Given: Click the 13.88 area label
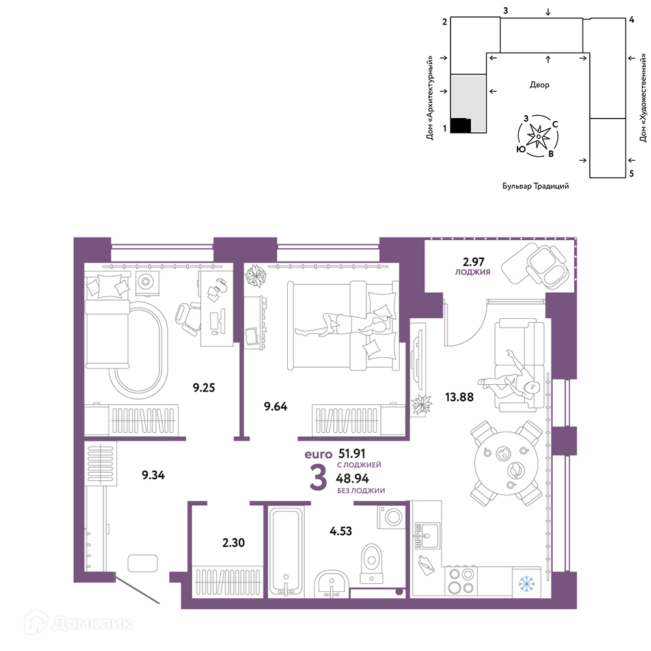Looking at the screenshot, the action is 459,397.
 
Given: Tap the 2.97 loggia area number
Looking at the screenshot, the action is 473,262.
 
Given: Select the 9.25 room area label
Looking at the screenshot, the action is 204,387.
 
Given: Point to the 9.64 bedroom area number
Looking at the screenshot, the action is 275,406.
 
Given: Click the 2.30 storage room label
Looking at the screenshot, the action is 233,542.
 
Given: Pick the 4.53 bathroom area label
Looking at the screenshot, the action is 340,531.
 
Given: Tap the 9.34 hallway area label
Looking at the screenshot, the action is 153,475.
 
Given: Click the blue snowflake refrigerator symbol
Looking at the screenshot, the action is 527,583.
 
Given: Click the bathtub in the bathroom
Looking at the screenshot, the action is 285,551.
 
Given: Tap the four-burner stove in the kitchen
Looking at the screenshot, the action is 462,581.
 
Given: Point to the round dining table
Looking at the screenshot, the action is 506,463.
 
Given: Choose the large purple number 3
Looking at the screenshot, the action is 318,477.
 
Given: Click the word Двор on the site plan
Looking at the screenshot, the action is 539,85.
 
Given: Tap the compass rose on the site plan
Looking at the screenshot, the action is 538,136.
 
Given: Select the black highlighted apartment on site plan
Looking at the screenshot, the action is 461,126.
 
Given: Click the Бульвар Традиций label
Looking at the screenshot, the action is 536,186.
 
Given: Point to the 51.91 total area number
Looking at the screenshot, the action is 352,453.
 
